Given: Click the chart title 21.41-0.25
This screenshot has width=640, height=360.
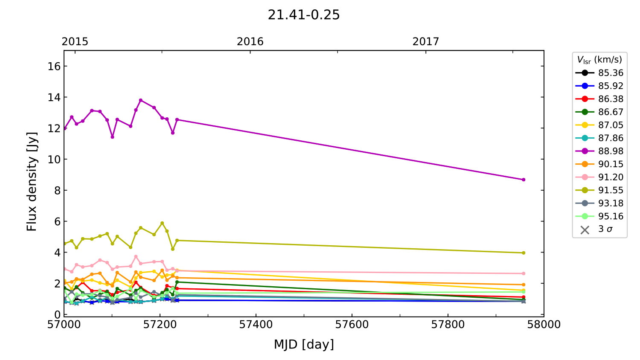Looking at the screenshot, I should pyautogui.click(x=303, y=15).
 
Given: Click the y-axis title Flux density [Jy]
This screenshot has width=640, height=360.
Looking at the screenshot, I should pyautogui.click(x=32, y=182).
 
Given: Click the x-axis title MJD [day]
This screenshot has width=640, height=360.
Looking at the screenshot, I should pyautogui.click(x=303, y=344).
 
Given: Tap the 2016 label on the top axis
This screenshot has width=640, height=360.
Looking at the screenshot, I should pyautogui.click(x=250, y=41).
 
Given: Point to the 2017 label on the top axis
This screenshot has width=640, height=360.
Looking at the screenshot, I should pyautogui.click(x=425, y=41).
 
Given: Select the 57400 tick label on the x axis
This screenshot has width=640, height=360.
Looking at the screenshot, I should pyautogui.click(x=256, y=325).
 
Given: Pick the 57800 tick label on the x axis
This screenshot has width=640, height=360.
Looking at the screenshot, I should pyautogui.click(x=448, y=325).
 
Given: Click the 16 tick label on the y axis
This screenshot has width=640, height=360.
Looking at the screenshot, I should pyautogui.click(x=54, y=66).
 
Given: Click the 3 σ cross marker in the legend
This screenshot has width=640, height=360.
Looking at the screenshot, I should pyautogui.click(x=585, y=230).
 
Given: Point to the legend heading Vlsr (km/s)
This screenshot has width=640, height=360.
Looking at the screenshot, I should pyautogui.click(x=599, y=60).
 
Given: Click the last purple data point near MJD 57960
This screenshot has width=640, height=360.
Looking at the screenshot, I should pyautogui.click(x=524, y=180).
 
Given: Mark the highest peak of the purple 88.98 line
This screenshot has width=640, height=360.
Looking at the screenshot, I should pyautogui.click(x=141, y=100).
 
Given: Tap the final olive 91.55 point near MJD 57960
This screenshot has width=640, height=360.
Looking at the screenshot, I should pyautogui.click(x=524, y=253).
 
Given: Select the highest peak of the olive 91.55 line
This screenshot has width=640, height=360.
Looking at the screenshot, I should pyautogui.click(x=162, y=223).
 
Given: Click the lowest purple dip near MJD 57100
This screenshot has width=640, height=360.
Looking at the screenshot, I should pyautogui.click(x=112, y=137).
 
